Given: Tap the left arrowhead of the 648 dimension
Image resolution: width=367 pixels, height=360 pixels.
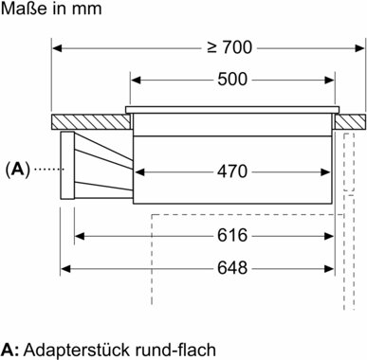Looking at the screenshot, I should tap(67, 266).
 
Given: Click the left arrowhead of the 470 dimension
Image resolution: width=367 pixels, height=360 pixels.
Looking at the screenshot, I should tap(137, 171).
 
